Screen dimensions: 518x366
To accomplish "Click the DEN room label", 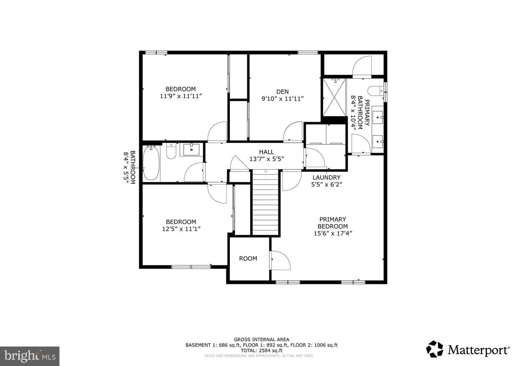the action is (x=282, y=91).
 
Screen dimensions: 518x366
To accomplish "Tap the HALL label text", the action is (x=267, y=152).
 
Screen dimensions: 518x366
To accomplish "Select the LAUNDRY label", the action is (x=326, y=178).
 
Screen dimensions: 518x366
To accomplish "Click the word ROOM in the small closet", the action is (x=248, y=259).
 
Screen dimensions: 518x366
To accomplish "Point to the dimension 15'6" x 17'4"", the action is (x=332, y=233).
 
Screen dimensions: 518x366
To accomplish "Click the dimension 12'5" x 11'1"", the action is (x=181, y=229).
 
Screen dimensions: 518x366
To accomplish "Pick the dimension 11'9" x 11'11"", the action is (x=181, y=96).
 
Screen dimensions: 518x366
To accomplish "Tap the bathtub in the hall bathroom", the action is (x=151, y=163).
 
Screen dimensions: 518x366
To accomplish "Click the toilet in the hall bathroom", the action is (x=171, y=151).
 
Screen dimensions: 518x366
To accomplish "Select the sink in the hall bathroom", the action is (x=191, y=150).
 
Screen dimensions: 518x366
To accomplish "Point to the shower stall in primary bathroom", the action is (x=335, y=97).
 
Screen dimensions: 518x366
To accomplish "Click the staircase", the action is (x=265, y=202).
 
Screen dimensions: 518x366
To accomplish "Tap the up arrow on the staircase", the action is (x=265, y=171).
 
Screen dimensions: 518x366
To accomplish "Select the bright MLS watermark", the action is (x=29, y=356).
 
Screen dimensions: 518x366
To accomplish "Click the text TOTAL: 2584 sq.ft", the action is (x=261, y=351).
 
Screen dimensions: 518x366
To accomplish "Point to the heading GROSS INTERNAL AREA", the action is (x=261, y=339).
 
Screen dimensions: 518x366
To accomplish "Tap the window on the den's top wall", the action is (x=308, y=53).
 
